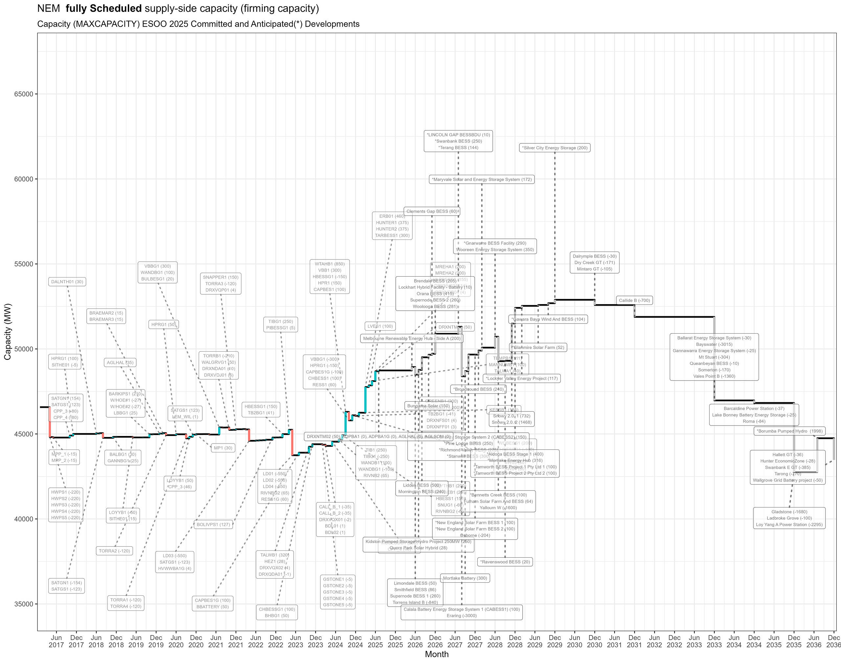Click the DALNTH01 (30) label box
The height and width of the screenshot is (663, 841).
[67, 282]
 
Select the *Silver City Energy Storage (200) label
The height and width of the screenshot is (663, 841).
[555, 148]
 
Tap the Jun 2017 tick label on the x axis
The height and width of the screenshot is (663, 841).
[57, 641]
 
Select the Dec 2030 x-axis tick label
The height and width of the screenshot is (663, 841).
[595, 641]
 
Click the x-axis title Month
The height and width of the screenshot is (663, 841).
[437, 654]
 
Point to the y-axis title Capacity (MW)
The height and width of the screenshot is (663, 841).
[8, 332]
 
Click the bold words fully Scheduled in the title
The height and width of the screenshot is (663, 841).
[103, 9]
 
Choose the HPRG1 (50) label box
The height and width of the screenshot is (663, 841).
[164, 324]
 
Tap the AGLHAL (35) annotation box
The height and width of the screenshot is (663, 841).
[120, 363]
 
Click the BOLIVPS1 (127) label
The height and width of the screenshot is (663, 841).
[213, 525]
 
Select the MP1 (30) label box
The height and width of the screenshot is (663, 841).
[223, 448]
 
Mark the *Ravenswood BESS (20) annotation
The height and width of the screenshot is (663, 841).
[505, 562]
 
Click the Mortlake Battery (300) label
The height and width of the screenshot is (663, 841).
[465, 578]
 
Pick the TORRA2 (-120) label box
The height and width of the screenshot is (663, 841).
[114, 551]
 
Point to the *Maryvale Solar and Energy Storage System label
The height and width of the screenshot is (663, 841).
[482, 179]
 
